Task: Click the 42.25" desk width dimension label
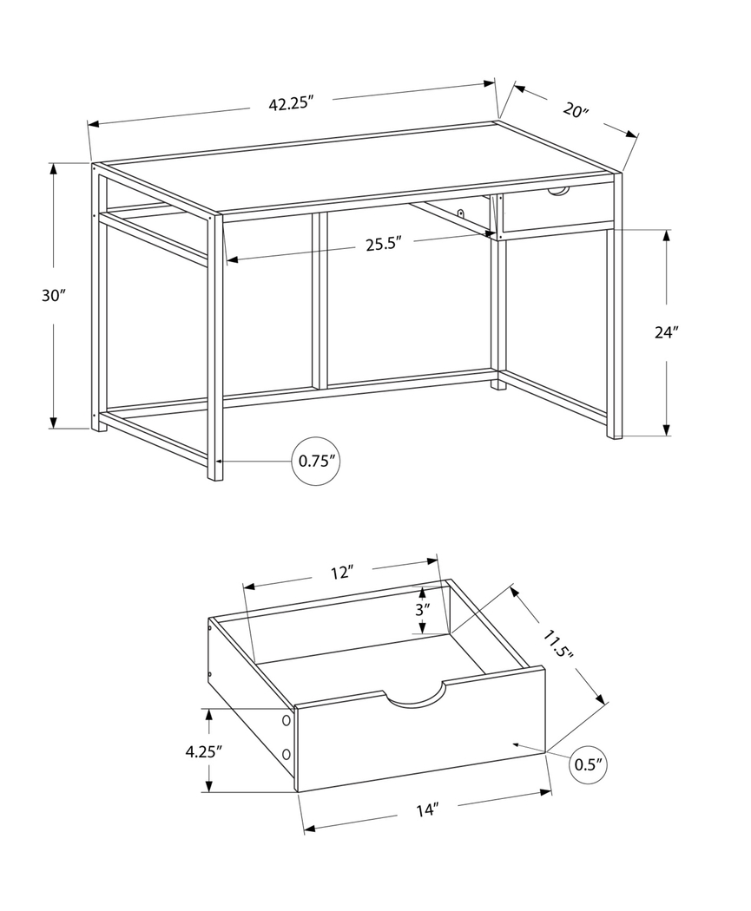(x=290, y=104)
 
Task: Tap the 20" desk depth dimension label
(x=575, y=110)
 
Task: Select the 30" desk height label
(x=53, y=295)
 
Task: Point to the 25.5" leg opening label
(x=382, y=245)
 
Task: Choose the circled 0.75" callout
(x=316, y=462)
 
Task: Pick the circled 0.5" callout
(x=589, y=764)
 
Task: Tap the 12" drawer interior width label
(x=342, y=572)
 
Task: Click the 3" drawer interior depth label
(x=422, y=609)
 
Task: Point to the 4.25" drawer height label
(x=204, y=751)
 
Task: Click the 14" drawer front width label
(x=426, y=810)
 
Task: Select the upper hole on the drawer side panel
(x=285, y=720)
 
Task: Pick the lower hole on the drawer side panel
(x=286, y=754)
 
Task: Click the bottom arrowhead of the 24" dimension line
(x=667, y=430)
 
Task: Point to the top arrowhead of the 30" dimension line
(x=54, y=167)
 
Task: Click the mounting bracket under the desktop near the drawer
(x=461, y=212)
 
